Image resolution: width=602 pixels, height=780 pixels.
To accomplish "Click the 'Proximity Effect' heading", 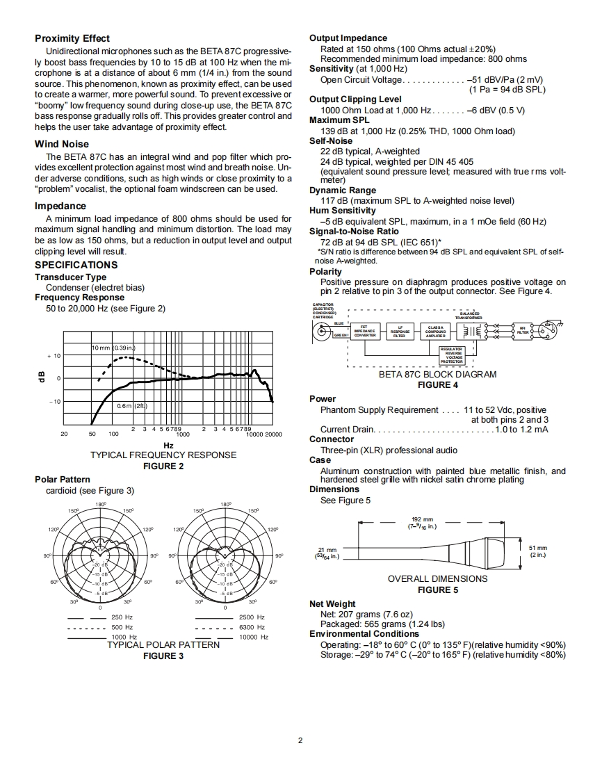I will (72, 38).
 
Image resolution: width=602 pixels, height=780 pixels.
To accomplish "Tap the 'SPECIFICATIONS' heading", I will (76, 265).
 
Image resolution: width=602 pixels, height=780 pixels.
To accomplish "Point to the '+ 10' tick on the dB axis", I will (54, 356).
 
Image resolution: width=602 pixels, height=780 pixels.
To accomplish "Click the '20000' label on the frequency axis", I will (274, 434).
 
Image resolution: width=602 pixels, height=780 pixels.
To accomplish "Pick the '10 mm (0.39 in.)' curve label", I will (113, 347).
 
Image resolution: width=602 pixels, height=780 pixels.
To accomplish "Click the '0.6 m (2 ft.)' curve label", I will (132, 406).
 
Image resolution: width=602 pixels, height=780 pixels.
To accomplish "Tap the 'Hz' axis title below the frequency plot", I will (168, 445).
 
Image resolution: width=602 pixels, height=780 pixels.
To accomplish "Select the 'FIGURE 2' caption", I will (163, 466).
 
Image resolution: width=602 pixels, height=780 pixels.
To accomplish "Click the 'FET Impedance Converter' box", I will (365, 332).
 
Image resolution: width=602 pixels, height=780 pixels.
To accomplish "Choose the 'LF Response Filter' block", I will (400, 332).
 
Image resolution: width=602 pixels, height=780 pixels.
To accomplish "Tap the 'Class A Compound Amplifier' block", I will (436, 332).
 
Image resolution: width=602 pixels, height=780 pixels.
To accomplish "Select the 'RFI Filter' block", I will (523, 332).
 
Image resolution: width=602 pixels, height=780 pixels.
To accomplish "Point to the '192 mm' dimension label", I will (423, 519).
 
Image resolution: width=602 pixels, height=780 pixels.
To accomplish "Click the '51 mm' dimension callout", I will (538, 548).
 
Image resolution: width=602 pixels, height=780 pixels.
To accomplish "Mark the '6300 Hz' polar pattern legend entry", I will (252, 627).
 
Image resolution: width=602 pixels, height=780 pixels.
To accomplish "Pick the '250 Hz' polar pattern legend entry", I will (122, 617).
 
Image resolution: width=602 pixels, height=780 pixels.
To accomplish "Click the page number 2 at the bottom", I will (300, 740).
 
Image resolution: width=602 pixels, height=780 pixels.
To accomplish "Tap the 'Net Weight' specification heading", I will (332, 603).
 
